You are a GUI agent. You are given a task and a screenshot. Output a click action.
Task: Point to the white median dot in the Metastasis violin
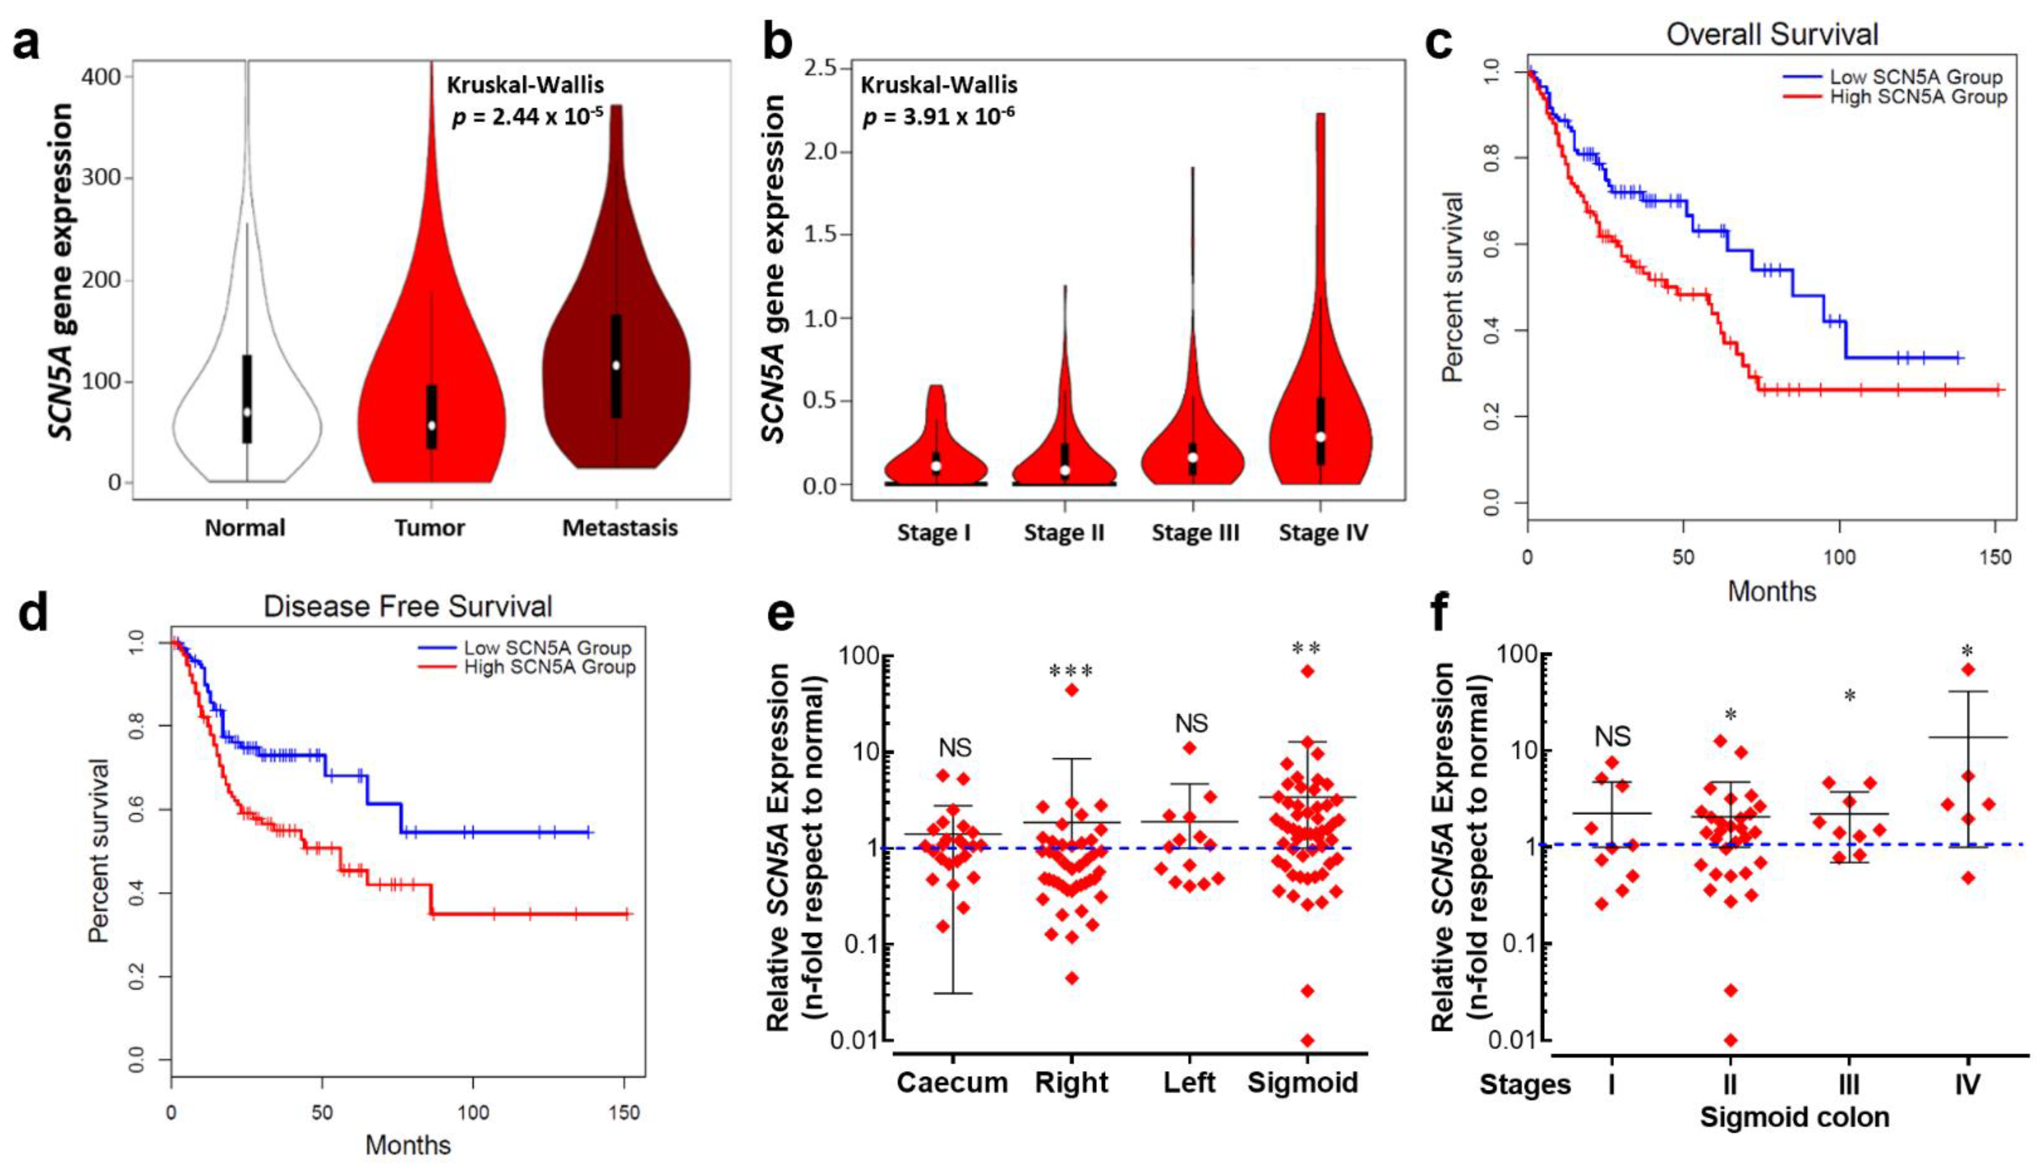point(616,366)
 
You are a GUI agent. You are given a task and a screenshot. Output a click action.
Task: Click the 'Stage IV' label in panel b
point(1323,533)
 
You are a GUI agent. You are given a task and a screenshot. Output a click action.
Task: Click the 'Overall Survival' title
point(1772,35)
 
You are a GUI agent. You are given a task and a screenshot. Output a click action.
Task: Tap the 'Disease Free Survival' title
point(408,606)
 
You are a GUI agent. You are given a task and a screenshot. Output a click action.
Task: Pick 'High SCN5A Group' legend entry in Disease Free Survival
point(549,667)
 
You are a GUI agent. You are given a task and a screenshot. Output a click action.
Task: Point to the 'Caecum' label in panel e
point(952,1082)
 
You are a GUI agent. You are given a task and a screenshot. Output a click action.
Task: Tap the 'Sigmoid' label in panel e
point(1303,1082)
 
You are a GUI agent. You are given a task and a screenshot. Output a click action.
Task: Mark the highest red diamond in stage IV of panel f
point(1967,669)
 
